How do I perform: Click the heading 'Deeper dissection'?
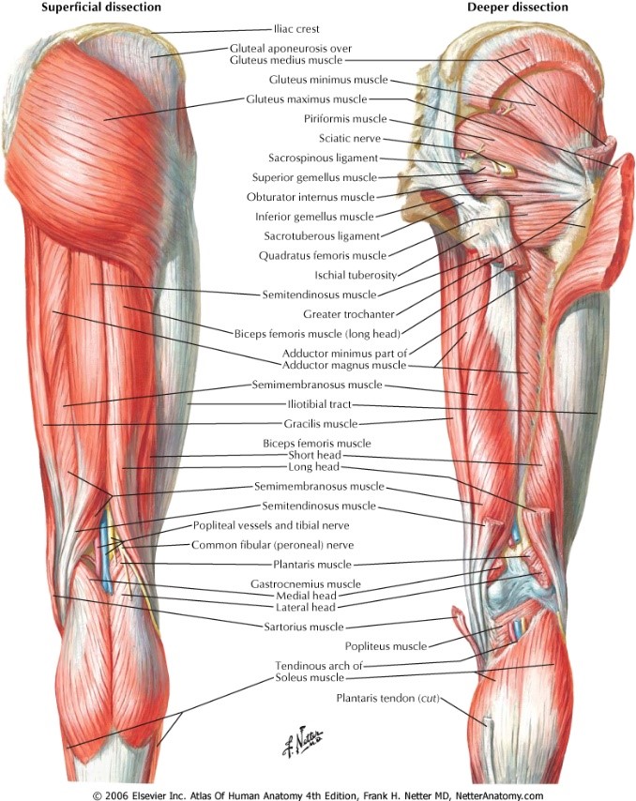518,8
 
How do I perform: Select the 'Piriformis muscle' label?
345,119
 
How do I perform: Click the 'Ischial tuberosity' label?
356,275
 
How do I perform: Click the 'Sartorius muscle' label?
303,627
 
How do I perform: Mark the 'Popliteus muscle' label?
386,645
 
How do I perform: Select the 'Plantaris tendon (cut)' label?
386,698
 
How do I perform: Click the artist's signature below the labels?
303,740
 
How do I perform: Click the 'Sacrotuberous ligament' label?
320,235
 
